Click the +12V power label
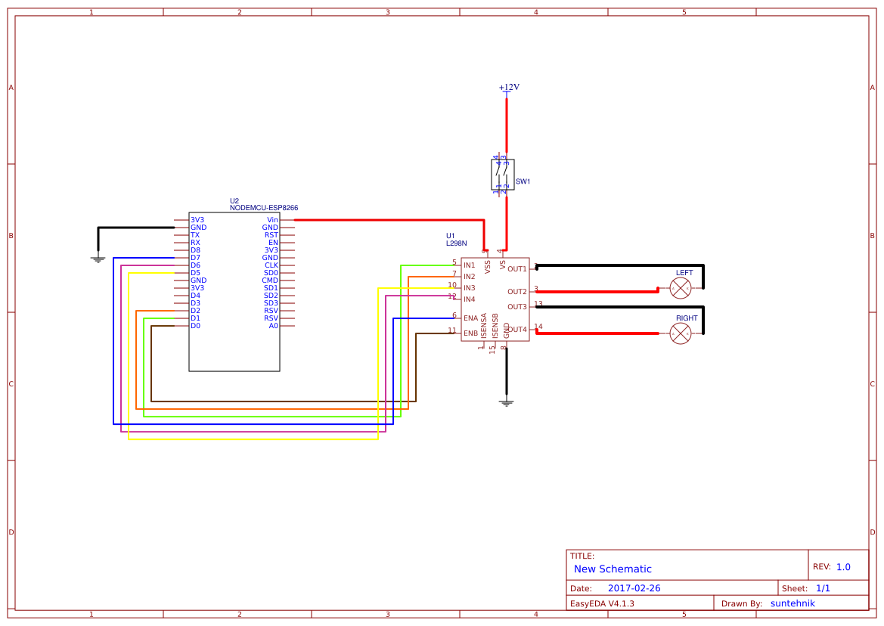click(509, 88)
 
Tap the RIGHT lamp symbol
click(681, 333)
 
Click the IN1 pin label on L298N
click(470, 265)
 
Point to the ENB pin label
click(470, 333)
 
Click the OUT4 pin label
click(517, 330)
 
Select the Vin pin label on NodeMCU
click(272, 220)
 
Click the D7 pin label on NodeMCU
click(195, 258)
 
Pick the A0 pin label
click(273, 326)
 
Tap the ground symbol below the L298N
click(507, 402)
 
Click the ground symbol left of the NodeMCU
click(98, 259)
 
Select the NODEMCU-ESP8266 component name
click(264, 207)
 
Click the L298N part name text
click(456, 243)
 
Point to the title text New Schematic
click(613, 569)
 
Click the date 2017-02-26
click(634, 588)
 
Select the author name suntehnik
click(792, 603)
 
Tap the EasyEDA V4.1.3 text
click(602, 603)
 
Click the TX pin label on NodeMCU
click(194, 235)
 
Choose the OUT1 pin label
click(517, 269)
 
